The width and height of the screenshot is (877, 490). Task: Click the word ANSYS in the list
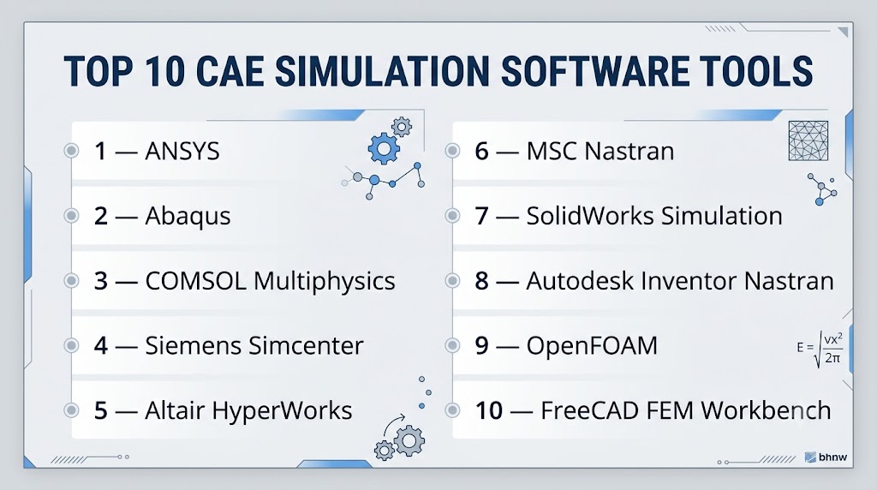click(x=182, y=151)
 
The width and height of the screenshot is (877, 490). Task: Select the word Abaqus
click(x=188, y=217)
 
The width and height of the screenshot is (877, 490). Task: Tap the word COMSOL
click(x=196, y=281)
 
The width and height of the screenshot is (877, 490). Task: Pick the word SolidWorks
click(x=590, y=216)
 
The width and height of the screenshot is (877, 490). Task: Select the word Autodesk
click(x=580, y=281)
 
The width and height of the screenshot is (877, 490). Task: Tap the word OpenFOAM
click(x=592, y=346)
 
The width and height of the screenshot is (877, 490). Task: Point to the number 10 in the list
click(x=489, y=410)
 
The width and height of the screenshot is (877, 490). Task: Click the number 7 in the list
click(x=481, y=216)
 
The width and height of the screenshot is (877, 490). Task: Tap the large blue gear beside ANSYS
click(x=384, y=148)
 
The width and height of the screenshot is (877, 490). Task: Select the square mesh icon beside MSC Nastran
click(x=808, y=141)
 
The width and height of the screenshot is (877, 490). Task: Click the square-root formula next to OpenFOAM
click(x=820, y=348)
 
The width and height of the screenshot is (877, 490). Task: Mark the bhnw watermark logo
click(x=826, y=457)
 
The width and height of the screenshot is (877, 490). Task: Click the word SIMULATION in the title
click(x=383, y=71)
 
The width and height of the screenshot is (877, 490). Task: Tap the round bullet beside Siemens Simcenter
click(x=71, y=346)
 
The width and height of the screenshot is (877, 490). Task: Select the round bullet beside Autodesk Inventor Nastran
click(x=452, y=281)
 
